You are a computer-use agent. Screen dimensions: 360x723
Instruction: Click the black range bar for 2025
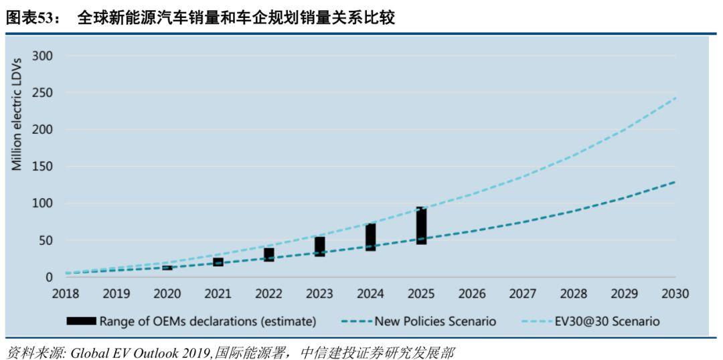[421, 226]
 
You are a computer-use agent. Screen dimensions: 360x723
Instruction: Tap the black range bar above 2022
[269, 254]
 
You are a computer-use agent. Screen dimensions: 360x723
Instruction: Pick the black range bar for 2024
[370, 237]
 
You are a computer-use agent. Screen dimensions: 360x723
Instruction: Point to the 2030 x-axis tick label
[675, 293]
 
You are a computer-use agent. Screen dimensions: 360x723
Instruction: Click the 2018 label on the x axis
[66, 293]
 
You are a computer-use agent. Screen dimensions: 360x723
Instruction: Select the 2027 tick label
[523, 293]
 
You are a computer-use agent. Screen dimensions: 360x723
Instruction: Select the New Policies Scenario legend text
[435, 321]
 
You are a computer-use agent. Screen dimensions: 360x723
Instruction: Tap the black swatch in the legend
[81, 321]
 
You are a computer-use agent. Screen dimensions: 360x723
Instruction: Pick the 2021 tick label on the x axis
[218, 293]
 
